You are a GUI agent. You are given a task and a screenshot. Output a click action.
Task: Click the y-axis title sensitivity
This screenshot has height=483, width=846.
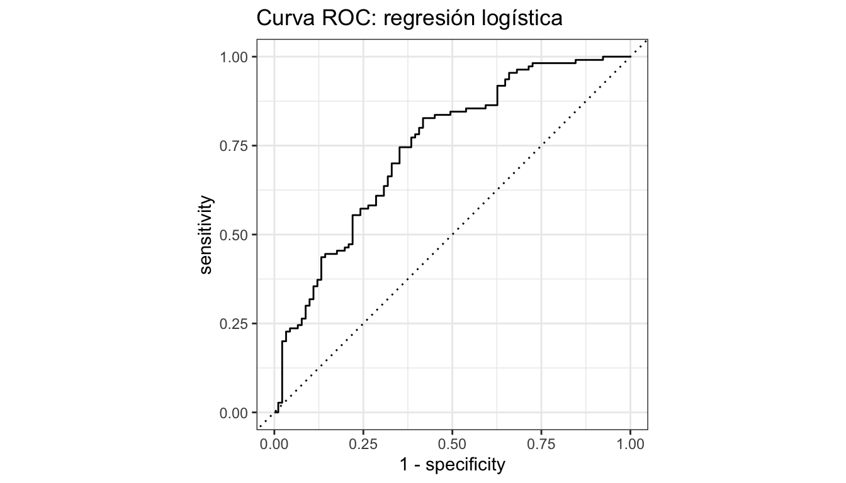(x=206, y=235)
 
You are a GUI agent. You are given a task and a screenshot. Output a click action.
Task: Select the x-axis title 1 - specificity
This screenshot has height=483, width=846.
(x=452, y=465)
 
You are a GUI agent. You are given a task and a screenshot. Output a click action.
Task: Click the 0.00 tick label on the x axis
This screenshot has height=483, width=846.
(x=274, y=443)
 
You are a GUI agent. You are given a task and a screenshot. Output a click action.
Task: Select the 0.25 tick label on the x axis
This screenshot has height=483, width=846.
(x=363, y=443)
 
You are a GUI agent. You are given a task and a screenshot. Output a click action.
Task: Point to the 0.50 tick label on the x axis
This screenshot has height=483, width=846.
(x=452, y=443)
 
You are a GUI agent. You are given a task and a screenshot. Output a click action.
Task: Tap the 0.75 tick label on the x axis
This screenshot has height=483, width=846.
(x=541, y=443)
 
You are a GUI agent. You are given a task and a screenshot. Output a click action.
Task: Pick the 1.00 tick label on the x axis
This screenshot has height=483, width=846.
(x=630, y=443)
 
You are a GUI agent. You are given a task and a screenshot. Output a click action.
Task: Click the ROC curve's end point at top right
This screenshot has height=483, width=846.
(x=630, y=57)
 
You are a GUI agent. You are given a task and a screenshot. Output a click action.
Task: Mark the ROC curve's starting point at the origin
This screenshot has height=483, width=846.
(x=275, y=412)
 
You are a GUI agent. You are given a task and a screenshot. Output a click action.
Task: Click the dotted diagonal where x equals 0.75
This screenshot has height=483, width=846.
(x=541, y=146)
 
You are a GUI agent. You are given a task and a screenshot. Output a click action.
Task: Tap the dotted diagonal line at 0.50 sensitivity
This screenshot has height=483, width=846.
(x=452, y=235)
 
